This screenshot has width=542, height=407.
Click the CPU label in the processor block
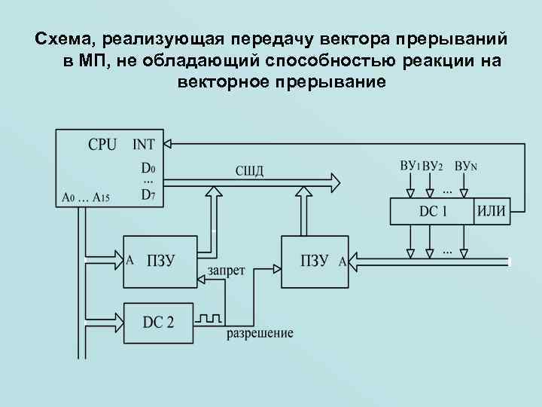(x=102, y=144)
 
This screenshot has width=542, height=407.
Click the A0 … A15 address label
(x=86, y=198)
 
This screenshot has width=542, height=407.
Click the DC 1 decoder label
(x=433, y=212)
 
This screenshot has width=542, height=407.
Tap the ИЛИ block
(x=492, y=212)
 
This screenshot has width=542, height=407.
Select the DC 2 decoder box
(x=158, y=322)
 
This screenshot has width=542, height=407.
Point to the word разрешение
(x=260, y=333)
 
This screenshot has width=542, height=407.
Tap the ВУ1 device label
(x=409, y=165)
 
